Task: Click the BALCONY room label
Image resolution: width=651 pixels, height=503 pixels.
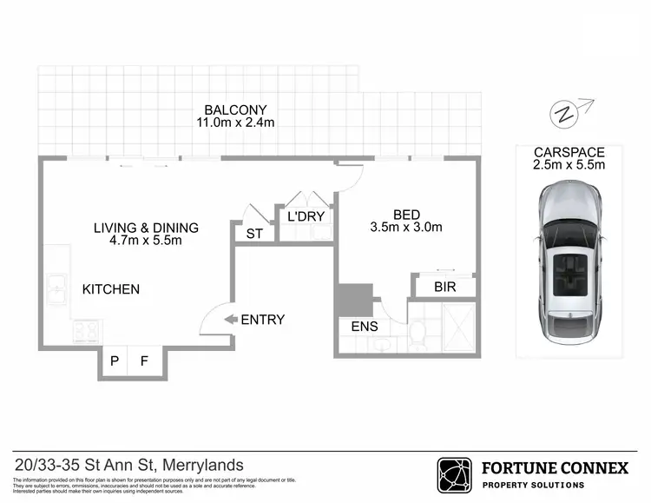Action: [234, 109]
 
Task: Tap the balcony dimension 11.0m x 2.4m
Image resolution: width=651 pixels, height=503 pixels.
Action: [234, 122]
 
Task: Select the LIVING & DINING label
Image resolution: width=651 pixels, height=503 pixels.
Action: [146, 228]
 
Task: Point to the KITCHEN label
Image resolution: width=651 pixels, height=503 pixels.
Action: [111, 288]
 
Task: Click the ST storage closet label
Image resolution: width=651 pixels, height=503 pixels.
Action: [254, 234]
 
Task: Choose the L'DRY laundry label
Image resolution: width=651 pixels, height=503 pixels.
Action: [305, 215]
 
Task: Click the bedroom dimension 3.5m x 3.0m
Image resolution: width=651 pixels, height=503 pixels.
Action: [406, 228]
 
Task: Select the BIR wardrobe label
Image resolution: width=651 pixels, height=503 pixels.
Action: [444, 288]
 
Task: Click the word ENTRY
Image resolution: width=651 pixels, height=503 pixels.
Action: [262, 320]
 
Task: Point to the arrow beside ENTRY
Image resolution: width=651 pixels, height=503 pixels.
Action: [231, 320]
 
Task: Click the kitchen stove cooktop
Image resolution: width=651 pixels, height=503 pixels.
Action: [86, 331]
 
